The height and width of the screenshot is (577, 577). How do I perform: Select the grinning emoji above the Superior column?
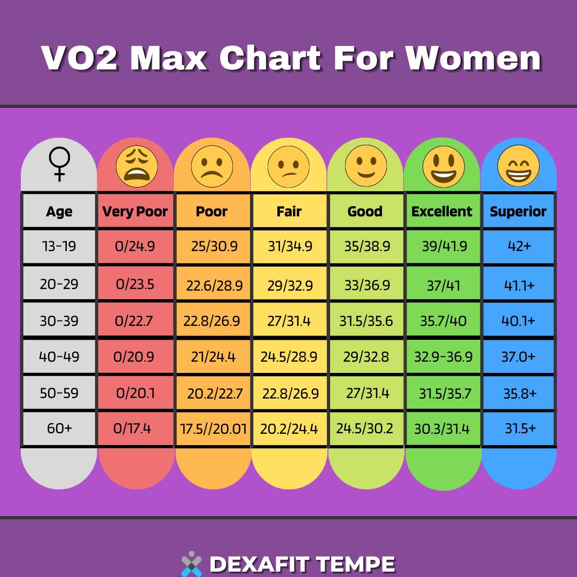coord(518,165)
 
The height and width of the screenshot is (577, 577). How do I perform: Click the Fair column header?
coord(289,212)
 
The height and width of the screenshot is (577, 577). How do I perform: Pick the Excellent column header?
coord(442,212)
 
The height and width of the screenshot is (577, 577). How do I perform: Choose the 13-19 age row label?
coord(59,246)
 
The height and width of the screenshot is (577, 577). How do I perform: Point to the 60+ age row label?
coord(59,428)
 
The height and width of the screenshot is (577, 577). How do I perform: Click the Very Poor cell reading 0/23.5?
coord(135,284)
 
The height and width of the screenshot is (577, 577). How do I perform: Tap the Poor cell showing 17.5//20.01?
coord(214,429)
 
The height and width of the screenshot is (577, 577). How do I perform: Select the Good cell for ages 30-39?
coord(366,321)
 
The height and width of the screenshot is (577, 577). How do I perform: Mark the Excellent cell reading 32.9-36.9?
coord(443,356)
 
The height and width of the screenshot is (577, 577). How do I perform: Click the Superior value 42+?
coord(518,246)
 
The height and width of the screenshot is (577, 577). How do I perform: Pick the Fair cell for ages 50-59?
coord(290,394)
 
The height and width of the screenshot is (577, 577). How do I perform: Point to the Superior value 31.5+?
coord(520,428)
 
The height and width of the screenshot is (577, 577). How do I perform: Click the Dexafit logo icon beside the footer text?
coord(191,564)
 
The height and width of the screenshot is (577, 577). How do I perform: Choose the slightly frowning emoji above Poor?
coord(212,165)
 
